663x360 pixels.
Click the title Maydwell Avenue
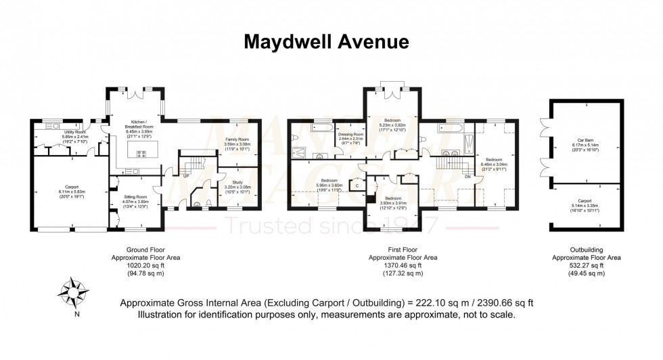[325, 42]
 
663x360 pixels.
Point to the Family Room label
[237, 139]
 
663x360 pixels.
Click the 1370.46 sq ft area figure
[403, 265]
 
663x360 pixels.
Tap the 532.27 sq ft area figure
[587, 265]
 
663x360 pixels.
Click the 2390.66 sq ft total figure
[480, 303]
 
